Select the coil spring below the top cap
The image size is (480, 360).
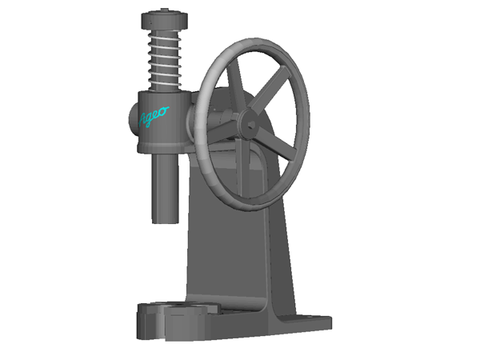[x=167, y=59]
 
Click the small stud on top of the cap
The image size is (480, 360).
[x=166, y=10]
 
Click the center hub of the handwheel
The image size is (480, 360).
[x=248, y=123]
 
